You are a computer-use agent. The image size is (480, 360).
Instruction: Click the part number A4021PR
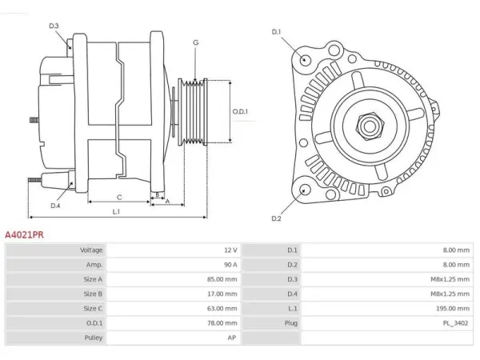(24, 234)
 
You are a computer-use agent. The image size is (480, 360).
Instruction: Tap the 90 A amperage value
(230, 265)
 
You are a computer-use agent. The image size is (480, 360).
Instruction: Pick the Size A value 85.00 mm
(222, 279)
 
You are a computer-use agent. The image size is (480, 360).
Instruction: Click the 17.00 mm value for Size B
(222, 294)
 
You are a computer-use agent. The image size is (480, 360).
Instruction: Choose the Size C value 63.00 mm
(222, 308)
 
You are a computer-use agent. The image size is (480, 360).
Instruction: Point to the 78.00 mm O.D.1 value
(222, 323)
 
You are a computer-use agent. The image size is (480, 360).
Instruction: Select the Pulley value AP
(232, 338)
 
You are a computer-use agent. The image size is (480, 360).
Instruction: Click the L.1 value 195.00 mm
(453, 308)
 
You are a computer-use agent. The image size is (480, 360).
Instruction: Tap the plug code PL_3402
(455, 323)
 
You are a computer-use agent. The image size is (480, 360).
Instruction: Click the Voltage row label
(91, 250)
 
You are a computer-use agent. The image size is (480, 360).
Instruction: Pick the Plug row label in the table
(291, 323)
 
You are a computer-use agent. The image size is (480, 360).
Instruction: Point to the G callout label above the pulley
(196, 42)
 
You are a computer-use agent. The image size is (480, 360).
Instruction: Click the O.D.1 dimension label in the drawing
(240, 111)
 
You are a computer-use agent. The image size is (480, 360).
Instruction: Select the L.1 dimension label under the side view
(116, 211)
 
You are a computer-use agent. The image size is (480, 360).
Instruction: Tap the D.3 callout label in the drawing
(54, 26)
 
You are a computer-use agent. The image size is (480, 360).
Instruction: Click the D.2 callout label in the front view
(276, 218)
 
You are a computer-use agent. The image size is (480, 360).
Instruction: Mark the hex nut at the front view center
(370, 126)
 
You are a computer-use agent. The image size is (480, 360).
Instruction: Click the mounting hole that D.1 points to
(305, 59)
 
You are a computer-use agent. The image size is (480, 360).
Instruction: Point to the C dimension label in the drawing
(119, 198)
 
